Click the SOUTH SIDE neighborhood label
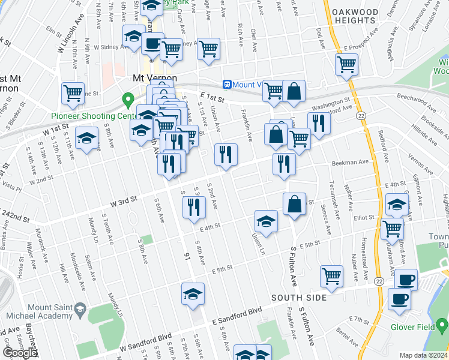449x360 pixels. pyautogui.click(x=298, y=298)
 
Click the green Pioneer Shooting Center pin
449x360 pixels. pyautogui.click(x=127, y=98)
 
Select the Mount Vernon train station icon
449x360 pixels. pyautogui.click(x=228, y=85)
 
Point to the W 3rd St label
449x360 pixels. pyautogui.click(x=123, y=200)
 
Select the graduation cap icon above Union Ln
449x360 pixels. pyautogui.click(x=266, y=221)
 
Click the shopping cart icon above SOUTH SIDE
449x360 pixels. pyautogui.click(x=331, y=275)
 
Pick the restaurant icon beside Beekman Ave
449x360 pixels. pyautogui.click(x=283, y=163)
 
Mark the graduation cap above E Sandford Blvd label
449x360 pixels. pyautogui.click(x=193, y=295)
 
